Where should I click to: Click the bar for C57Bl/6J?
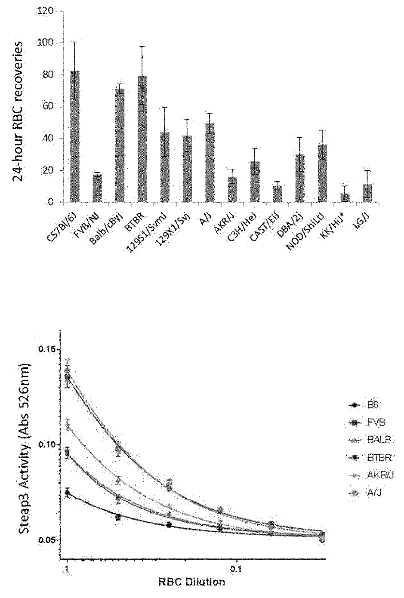pyautogui.click(x=75, y=136)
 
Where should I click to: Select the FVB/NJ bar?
pyautogui.click(x=97, y=188)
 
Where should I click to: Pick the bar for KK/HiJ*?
pyautogui.click(x=345, y=198)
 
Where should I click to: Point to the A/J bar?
pyautogui.click(x=210, y=163)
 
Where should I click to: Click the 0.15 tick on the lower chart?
pyautogui.click(x=49, y=349)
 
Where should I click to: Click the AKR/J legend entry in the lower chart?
pyautogui.click(x=371, y=476)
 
